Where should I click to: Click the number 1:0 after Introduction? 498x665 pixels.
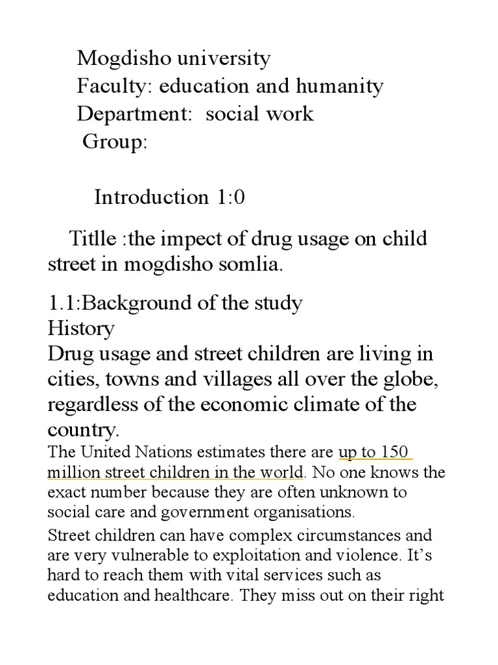click(x=228, y=197)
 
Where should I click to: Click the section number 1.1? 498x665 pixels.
click(x=61, y=303)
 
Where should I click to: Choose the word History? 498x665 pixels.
click(x=81, y=328)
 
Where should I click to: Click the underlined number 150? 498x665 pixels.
click(x=396, y=452)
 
